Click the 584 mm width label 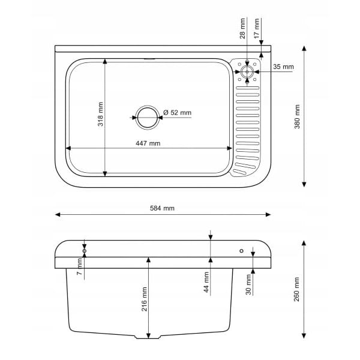click(162, 208)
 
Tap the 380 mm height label click(297, 116)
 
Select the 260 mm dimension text click(296, 289)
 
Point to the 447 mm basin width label click(148, 143)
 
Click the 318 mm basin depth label click(100, 115)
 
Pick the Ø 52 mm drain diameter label click(177, 113)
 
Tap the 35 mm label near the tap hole click(283, 67)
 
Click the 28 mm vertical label click(242, 28)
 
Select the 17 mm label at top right click(256, 28)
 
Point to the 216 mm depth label click(144, 299)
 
